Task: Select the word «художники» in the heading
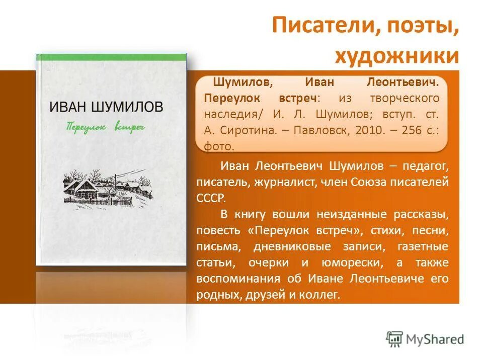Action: click(x=397, y=55)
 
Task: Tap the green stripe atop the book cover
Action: click(x=111, y=57)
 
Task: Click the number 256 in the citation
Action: click(x=412, y=130)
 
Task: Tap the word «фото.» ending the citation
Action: click(x=219, y=146)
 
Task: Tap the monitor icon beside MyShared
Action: click(x=394, y=338)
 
